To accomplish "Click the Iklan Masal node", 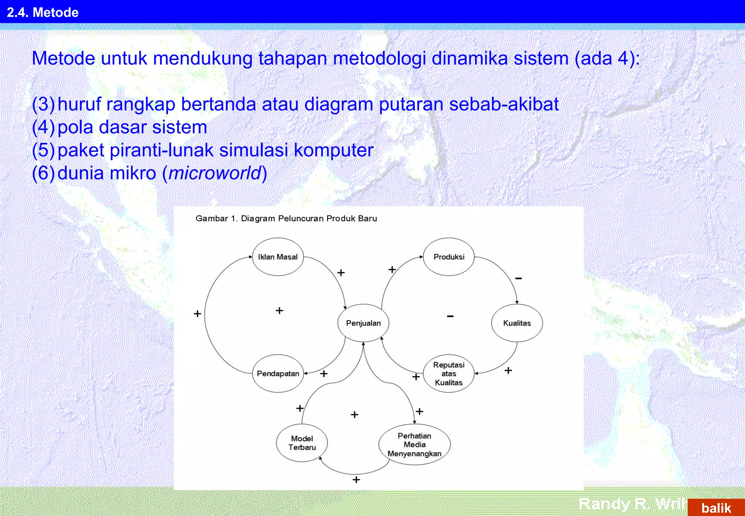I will [x=278, y=257].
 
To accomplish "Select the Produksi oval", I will [x=449, y=257].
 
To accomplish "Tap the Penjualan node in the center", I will [x=363, y=323].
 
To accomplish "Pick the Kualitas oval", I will [x=517, y=323].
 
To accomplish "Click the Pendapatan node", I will [x=278, y=374].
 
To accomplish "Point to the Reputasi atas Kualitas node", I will [x=449, y=374].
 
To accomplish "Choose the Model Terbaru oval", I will [x=302, y=443].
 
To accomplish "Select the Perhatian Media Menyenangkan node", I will [x=414, y=444].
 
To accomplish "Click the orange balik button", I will [x=716, y=508].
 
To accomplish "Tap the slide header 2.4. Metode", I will [x=43, y=12].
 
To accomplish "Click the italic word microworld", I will [x=215, y=173].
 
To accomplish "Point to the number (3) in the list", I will [x=43, y=104].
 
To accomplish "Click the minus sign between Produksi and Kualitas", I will [x=518, y=278].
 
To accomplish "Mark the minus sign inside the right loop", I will [x=450, y=316].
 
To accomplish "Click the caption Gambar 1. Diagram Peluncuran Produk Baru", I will [x=286, y=218].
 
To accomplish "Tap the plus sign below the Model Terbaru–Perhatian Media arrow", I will [x=356, y=480].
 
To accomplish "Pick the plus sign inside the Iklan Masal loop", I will [x=279, y=310].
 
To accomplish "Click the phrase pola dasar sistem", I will [x=132, y=127].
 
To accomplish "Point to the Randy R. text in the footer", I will [x=615, y=504].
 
